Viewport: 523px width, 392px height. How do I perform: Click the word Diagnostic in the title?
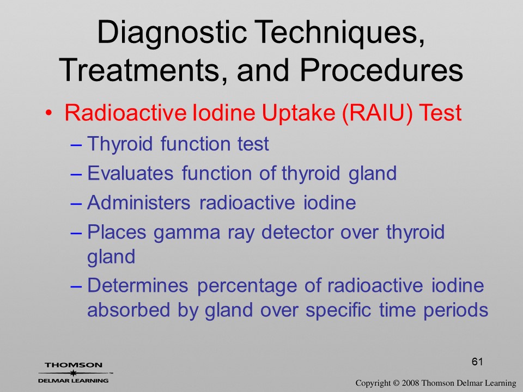point(172,33)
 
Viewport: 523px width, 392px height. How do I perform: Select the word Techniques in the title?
point(341,32)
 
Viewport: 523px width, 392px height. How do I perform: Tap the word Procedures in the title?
point(381,70)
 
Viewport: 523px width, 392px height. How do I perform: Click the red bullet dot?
point(49,113)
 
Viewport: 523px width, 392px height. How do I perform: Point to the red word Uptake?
point(298,113)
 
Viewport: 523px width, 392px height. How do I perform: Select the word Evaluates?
point(130,173)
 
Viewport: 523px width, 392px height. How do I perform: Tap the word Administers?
point(139,203)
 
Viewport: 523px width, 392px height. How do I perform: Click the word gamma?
point(186,233)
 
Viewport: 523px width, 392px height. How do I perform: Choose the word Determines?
point(137,285)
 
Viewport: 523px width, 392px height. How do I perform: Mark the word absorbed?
point(129,310)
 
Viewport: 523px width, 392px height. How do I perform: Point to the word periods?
point(455,311)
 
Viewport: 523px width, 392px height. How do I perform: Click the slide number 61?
point(477,362)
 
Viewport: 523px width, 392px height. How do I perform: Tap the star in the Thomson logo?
point(73,373)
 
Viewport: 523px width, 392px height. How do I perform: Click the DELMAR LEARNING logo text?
point(73,381)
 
